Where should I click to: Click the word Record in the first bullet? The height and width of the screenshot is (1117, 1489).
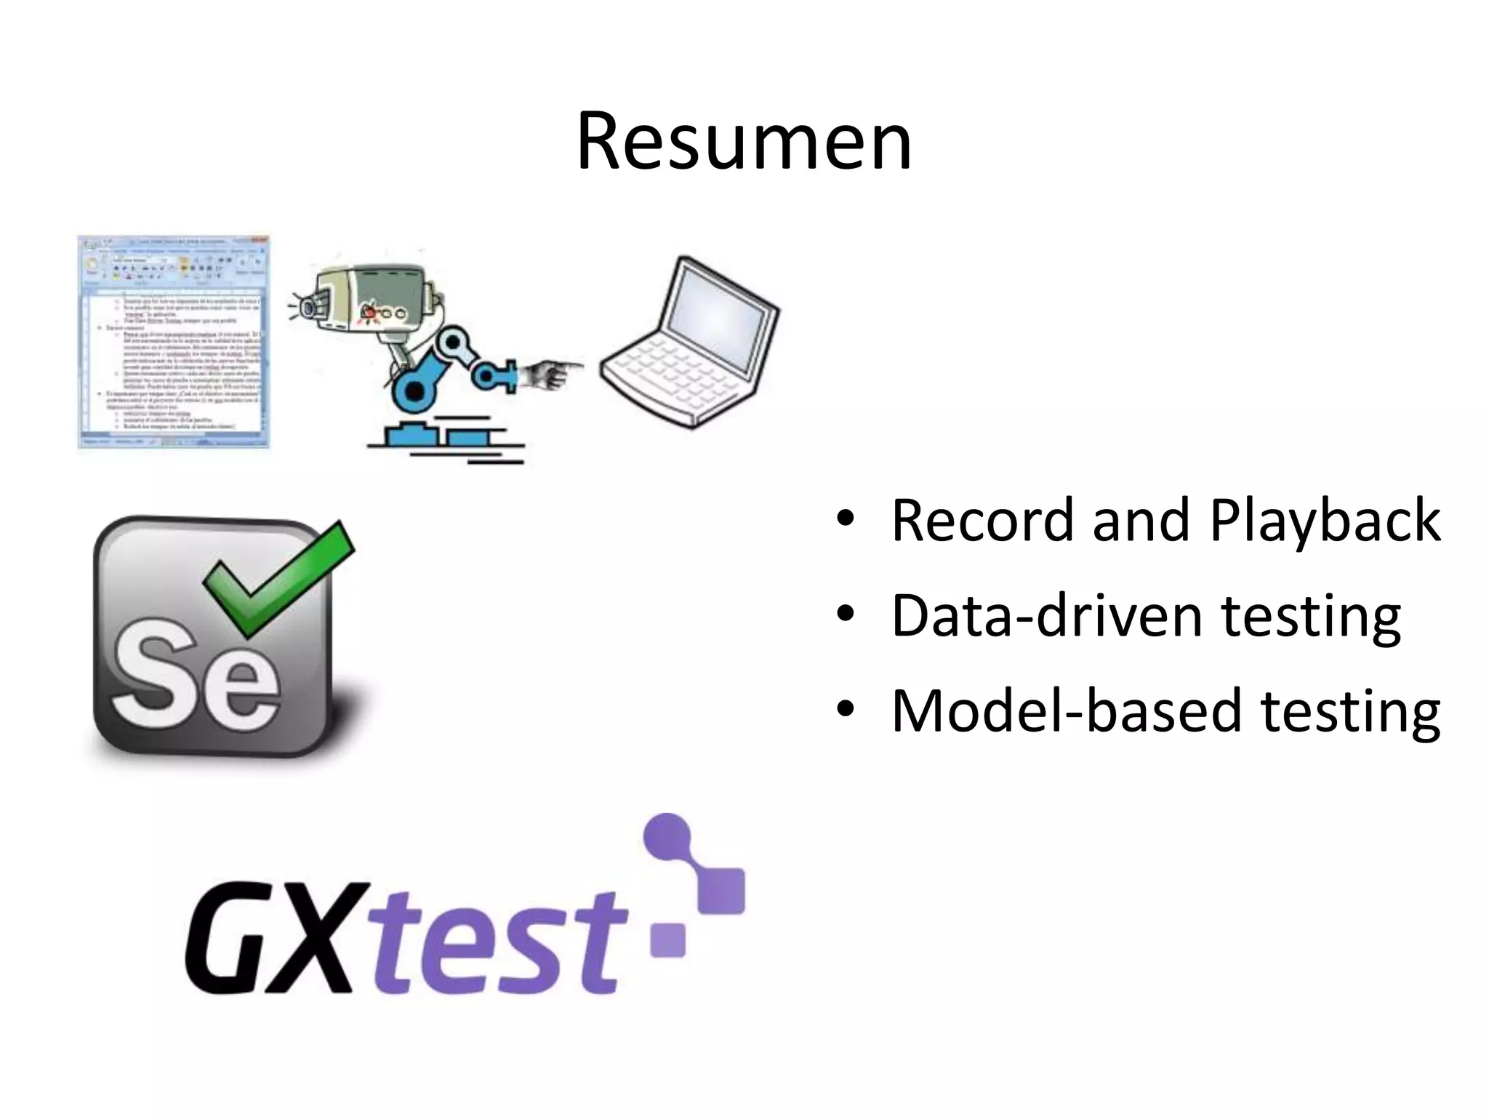tap(982, 521)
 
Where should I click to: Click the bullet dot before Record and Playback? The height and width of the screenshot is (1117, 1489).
tap(844, 519)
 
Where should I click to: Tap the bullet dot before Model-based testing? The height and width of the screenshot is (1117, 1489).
tap(844, 708)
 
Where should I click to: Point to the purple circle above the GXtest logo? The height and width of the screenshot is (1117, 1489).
tap(667, 836)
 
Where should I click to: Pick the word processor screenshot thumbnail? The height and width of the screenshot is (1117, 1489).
tap(174, 341)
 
